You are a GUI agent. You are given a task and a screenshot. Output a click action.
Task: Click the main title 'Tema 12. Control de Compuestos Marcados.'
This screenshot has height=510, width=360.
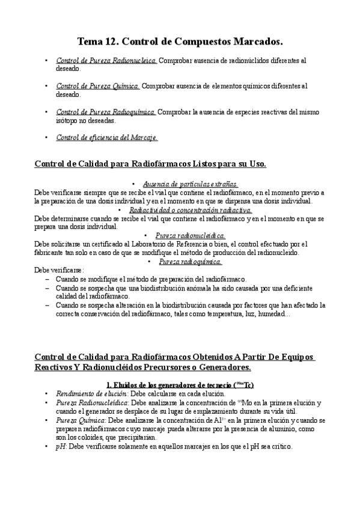click(x=180, y=41)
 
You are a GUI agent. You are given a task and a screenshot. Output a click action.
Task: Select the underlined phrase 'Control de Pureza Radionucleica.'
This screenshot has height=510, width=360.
click(x=106, y=61)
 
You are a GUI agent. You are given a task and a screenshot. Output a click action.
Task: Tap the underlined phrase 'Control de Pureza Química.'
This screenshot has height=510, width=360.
click(x=98, y=86)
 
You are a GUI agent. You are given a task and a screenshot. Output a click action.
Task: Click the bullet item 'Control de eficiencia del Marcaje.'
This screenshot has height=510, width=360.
click(x=106, y=137)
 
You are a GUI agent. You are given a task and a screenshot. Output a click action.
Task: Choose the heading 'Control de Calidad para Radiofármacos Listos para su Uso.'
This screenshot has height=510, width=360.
click(x=151, y=164)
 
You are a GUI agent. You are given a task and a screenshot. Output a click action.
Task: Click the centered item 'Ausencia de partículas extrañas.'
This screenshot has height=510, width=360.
click(x=191, y=184)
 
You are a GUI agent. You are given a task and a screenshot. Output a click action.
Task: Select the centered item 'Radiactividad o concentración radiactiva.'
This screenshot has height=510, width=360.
click(x=191, y=210)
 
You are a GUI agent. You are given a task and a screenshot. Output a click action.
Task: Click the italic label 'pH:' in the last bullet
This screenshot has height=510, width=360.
click(x=61, y=447)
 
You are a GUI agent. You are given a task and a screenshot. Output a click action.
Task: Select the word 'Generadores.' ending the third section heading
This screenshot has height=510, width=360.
click(x=222, y=367)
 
